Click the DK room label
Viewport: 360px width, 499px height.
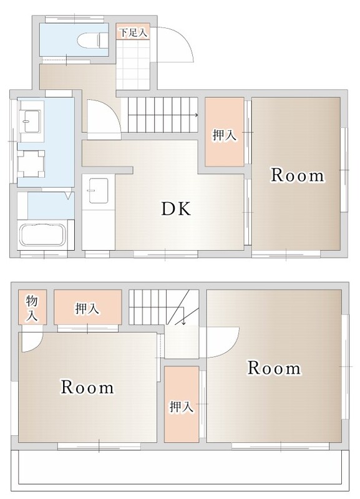click(x=176, y=208)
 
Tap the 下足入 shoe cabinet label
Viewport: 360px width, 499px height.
click(x=134, y=32)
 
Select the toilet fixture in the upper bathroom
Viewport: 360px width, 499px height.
click(x=92, y=41)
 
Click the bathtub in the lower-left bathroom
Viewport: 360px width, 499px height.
click(x=42, y=235)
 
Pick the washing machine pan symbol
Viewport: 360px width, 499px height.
click(x=31, y=164)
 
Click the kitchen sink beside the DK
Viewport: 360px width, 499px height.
click(x=99, y=191)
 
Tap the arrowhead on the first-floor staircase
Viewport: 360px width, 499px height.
click(x=197, y=115)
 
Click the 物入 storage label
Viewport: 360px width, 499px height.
click(x=32, y=308)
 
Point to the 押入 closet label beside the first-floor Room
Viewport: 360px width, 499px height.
click(x=225, y=135)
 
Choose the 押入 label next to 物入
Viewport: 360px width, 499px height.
click(x=87, y=308)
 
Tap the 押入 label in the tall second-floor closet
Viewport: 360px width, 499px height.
click(x=182, y=407)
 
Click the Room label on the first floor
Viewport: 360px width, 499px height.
click(x=297, y=175)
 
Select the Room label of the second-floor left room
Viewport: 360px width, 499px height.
click(x=87, y=387)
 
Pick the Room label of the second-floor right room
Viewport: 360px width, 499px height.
click(x=274, y=368)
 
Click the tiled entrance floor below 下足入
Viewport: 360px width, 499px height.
click(x=133, y=64)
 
